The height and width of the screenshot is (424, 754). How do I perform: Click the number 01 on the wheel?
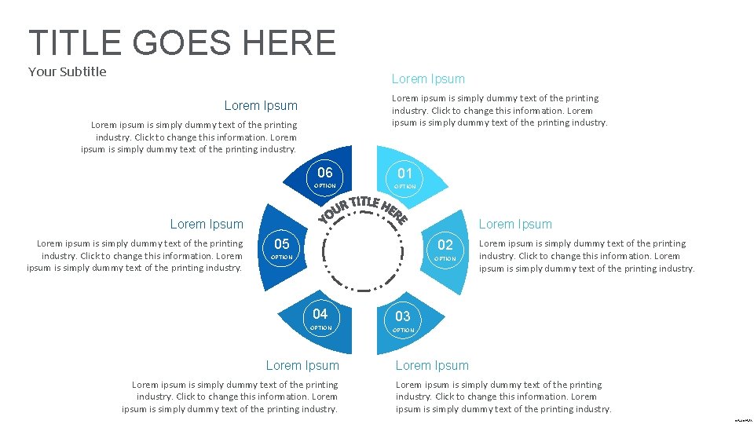[x=404, y=173]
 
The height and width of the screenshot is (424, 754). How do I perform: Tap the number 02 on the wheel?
[x=445, y=245]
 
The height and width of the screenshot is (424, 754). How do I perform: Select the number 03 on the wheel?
[x=403, y=316]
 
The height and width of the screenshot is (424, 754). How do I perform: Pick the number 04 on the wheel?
[x=320, y=314]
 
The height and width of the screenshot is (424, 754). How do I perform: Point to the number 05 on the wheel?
[x=281, y=243]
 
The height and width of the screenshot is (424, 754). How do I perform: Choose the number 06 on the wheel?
[x=325, y=173]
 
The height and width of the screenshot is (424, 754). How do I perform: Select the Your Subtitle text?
[x=68, y=72]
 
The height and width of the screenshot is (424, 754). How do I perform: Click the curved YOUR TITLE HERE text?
[x=363, y=208]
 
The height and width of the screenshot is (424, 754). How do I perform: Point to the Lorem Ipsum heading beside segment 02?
[x=515, y=225]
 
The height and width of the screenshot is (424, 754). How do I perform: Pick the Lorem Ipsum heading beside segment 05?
[x=207, y=225]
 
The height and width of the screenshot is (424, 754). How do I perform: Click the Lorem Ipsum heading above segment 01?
[x=428, y=79]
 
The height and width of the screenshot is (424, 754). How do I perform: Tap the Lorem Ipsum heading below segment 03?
[x=432, y=366]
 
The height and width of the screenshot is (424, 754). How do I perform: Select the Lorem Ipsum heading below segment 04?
[x=302, y=366]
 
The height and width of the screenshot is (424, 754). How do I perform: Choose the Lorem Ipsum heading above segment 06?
[x=261, y=106]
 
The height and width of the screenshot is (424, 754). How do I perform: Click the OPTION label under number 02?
[x=445, y=259]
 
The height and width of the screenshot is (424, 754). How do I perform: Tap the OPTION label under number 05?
[x=281, y=258]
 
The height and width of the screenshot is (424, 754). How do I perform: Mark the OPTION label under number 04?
[x=320, y=328]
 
